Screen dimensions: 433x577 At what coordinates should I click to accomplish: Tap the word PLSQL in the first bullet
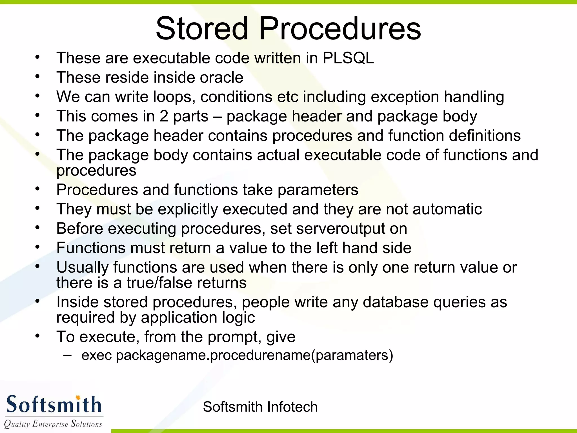point(348,58)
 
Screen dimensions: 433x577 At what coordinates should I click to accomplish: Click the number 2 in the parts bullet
point(164,116)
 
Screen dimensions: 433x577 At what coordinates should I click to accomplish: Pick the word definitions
point(485,136)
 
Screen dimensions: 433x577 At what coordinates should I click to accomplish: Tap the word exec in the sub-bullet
point(97,355)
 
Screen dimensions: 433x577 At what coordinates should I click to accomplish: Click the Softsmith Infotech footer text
point(260,407)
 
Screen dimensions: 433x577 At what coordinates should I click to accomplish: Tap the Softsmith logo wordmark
point(54,404)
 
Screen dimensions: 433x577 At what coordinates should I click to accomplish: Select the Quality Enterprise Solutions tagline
point(53,424)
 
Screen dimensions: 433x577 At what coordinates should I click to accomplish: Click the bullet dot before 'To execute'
point(38,336)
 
